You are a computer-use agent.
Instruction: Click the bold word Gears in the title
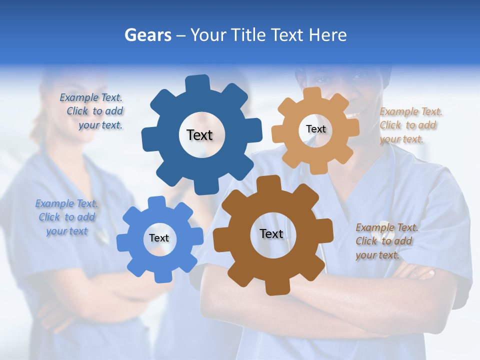[x=147, y=35]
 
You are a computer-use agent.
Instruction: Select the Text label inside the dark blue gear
[x=199, y=135]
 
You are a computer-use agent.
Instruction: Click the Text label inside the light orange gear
[x=315, y=129]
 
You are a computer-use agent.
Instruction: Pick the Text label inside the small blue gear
[x=159, y=238]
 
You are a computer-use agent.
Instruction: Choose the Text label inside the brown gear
[x=271, y=233]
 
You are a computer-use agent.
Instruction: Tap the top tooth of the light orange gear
[x=312, y=93]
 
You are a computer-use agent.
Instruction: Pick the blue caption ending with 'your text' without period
[x=66, y=217]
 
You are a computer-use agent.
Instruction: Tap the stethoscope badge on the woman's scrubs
[x=102, y=235]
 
